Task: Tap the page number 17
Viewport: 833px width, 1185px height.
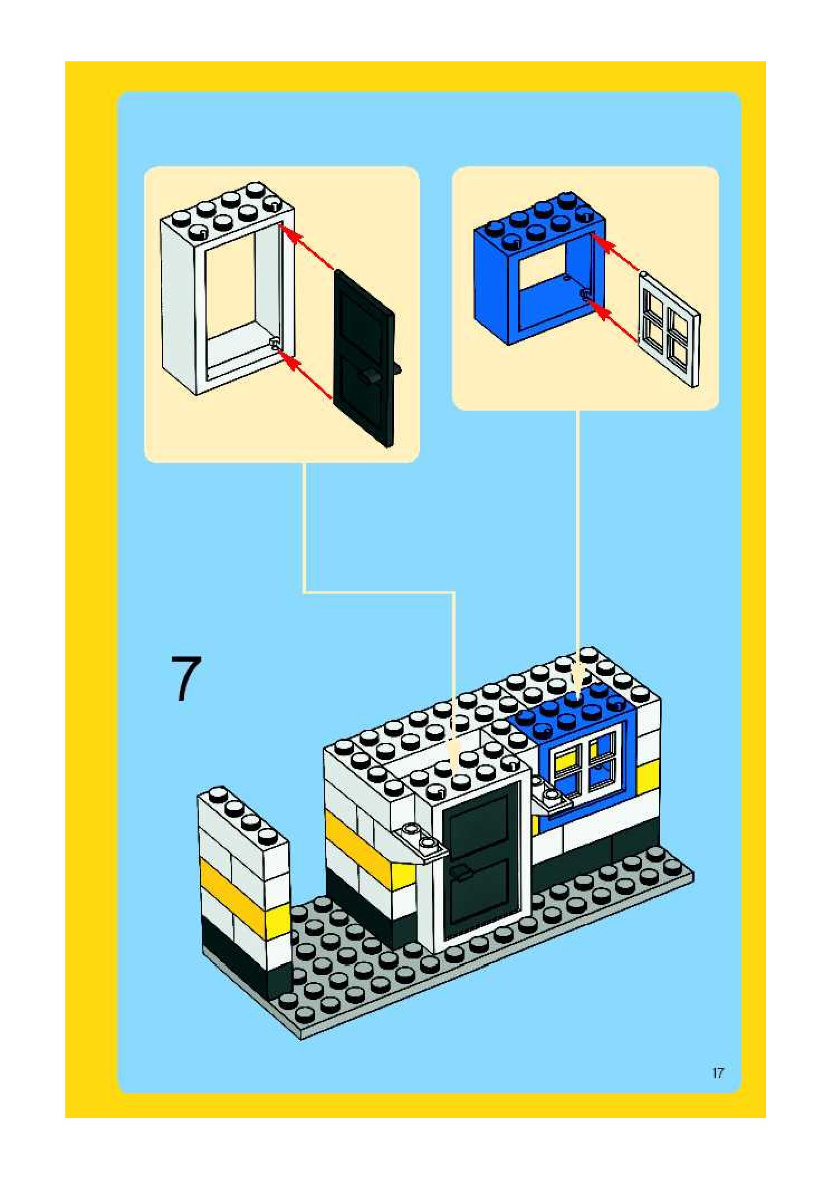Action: click(717, 1072)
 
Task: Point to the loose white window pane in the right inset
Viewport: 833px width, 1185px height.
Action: click(670, 329)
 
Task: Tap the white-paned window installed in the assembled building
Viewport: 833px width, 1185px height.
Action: click(583, 762)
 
